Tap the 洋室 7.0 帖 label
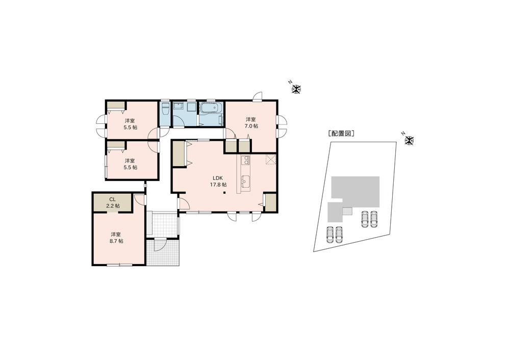(x=251, y=122)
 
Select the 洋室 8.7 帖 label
(x=116, y=238)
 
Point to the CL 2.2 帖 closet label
(x=113, y=202)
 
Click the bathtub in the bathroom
(x=211, y=108)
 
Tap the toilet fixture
(x=165, y=109)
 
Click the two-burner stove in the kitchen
(x=246, y=160)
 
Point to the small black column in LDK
(x=224, y=194)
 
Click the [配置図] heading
(x=341, y=133)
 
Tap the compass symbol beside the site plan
(x=409, y=141)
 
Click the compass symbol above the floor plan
(x=296, y=89)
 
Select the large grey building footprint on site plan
(x=355, y=192)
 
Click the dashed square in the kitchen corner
(x=271, y=160)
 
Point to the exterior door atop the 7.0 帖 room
(x=258, y=96)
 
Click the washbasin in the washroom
(x=178, y=107)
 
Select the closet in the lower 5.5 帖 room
(x=116, y=145)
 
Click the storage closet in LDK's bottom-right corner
(x=271, y=203)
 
